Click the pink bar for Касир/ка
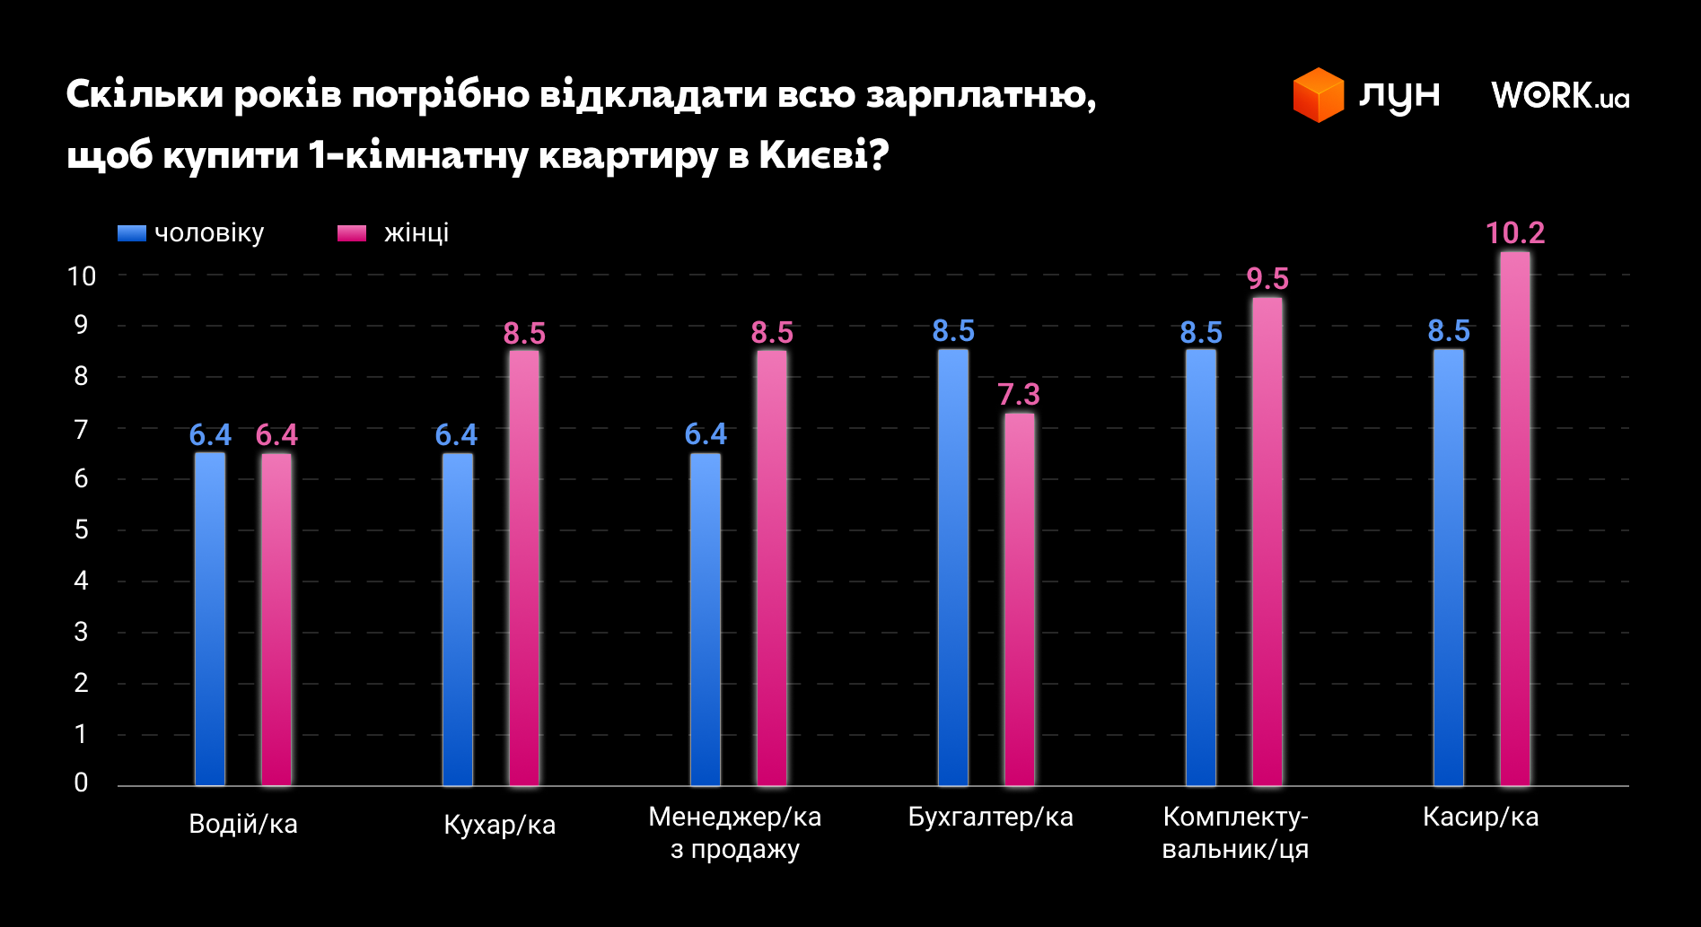[x=1514, y=520]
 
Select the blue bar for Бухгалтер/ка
[x=952, y=567]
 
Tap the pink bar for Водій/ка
[x=276, y=619]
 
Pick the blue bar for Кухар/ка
[x=457, y=619]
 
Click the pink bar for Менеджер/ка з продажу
[x=771, y=567]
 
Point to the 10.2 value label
[x=1514, y=233]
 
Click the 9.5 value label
[x=1267, y=279]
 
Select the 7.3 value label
[x=1019, y=395]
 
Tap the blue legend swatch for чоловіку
[x=131, y=233]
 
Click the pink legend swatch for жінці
[x=351, y=233]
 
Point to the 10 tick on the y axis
[x=82, y=276]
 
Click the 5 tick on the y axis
[x=82, y=530]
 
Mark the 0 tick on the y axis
[x=82, y=783]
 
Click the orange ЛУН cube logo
[x=1318, y=95]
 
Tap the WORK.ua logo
[x=1560, y=95]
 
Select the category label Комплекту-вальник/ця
[x=1235, y=833]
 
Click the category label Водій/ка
[x=243, y=824]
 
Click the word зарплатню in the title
[x=980, y=95]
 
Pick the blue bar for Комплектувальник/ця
[x=1200, y=567]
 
